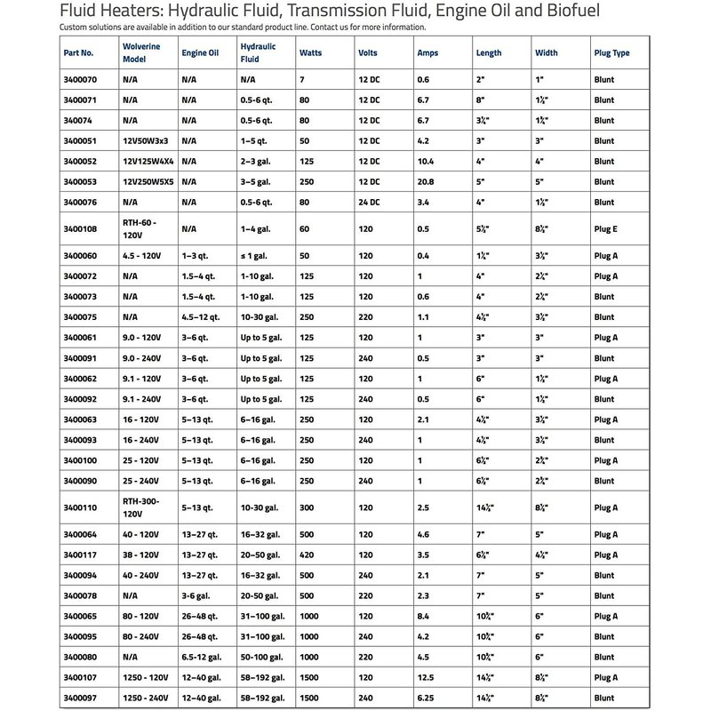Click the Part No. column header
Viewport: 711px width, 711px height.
[x=79, y=52]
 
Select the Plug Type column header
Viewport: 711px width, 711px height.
[x=611, y=52]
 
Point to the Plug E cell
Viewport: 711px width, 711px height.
[x=605, y=229]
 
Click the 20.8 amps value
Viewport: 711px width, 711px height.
[x=427, y=182]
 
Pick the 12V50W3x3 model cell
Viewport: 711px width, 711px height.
[x=146, y=140]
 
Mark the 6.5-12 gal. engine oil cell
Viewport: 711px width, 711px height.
[x=203, y=657]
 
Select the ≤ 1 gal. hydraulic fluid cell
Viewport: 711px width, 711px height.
[x=256, y=256]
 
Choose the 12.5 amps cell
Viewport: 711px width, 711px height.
[x=427, y=677]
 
